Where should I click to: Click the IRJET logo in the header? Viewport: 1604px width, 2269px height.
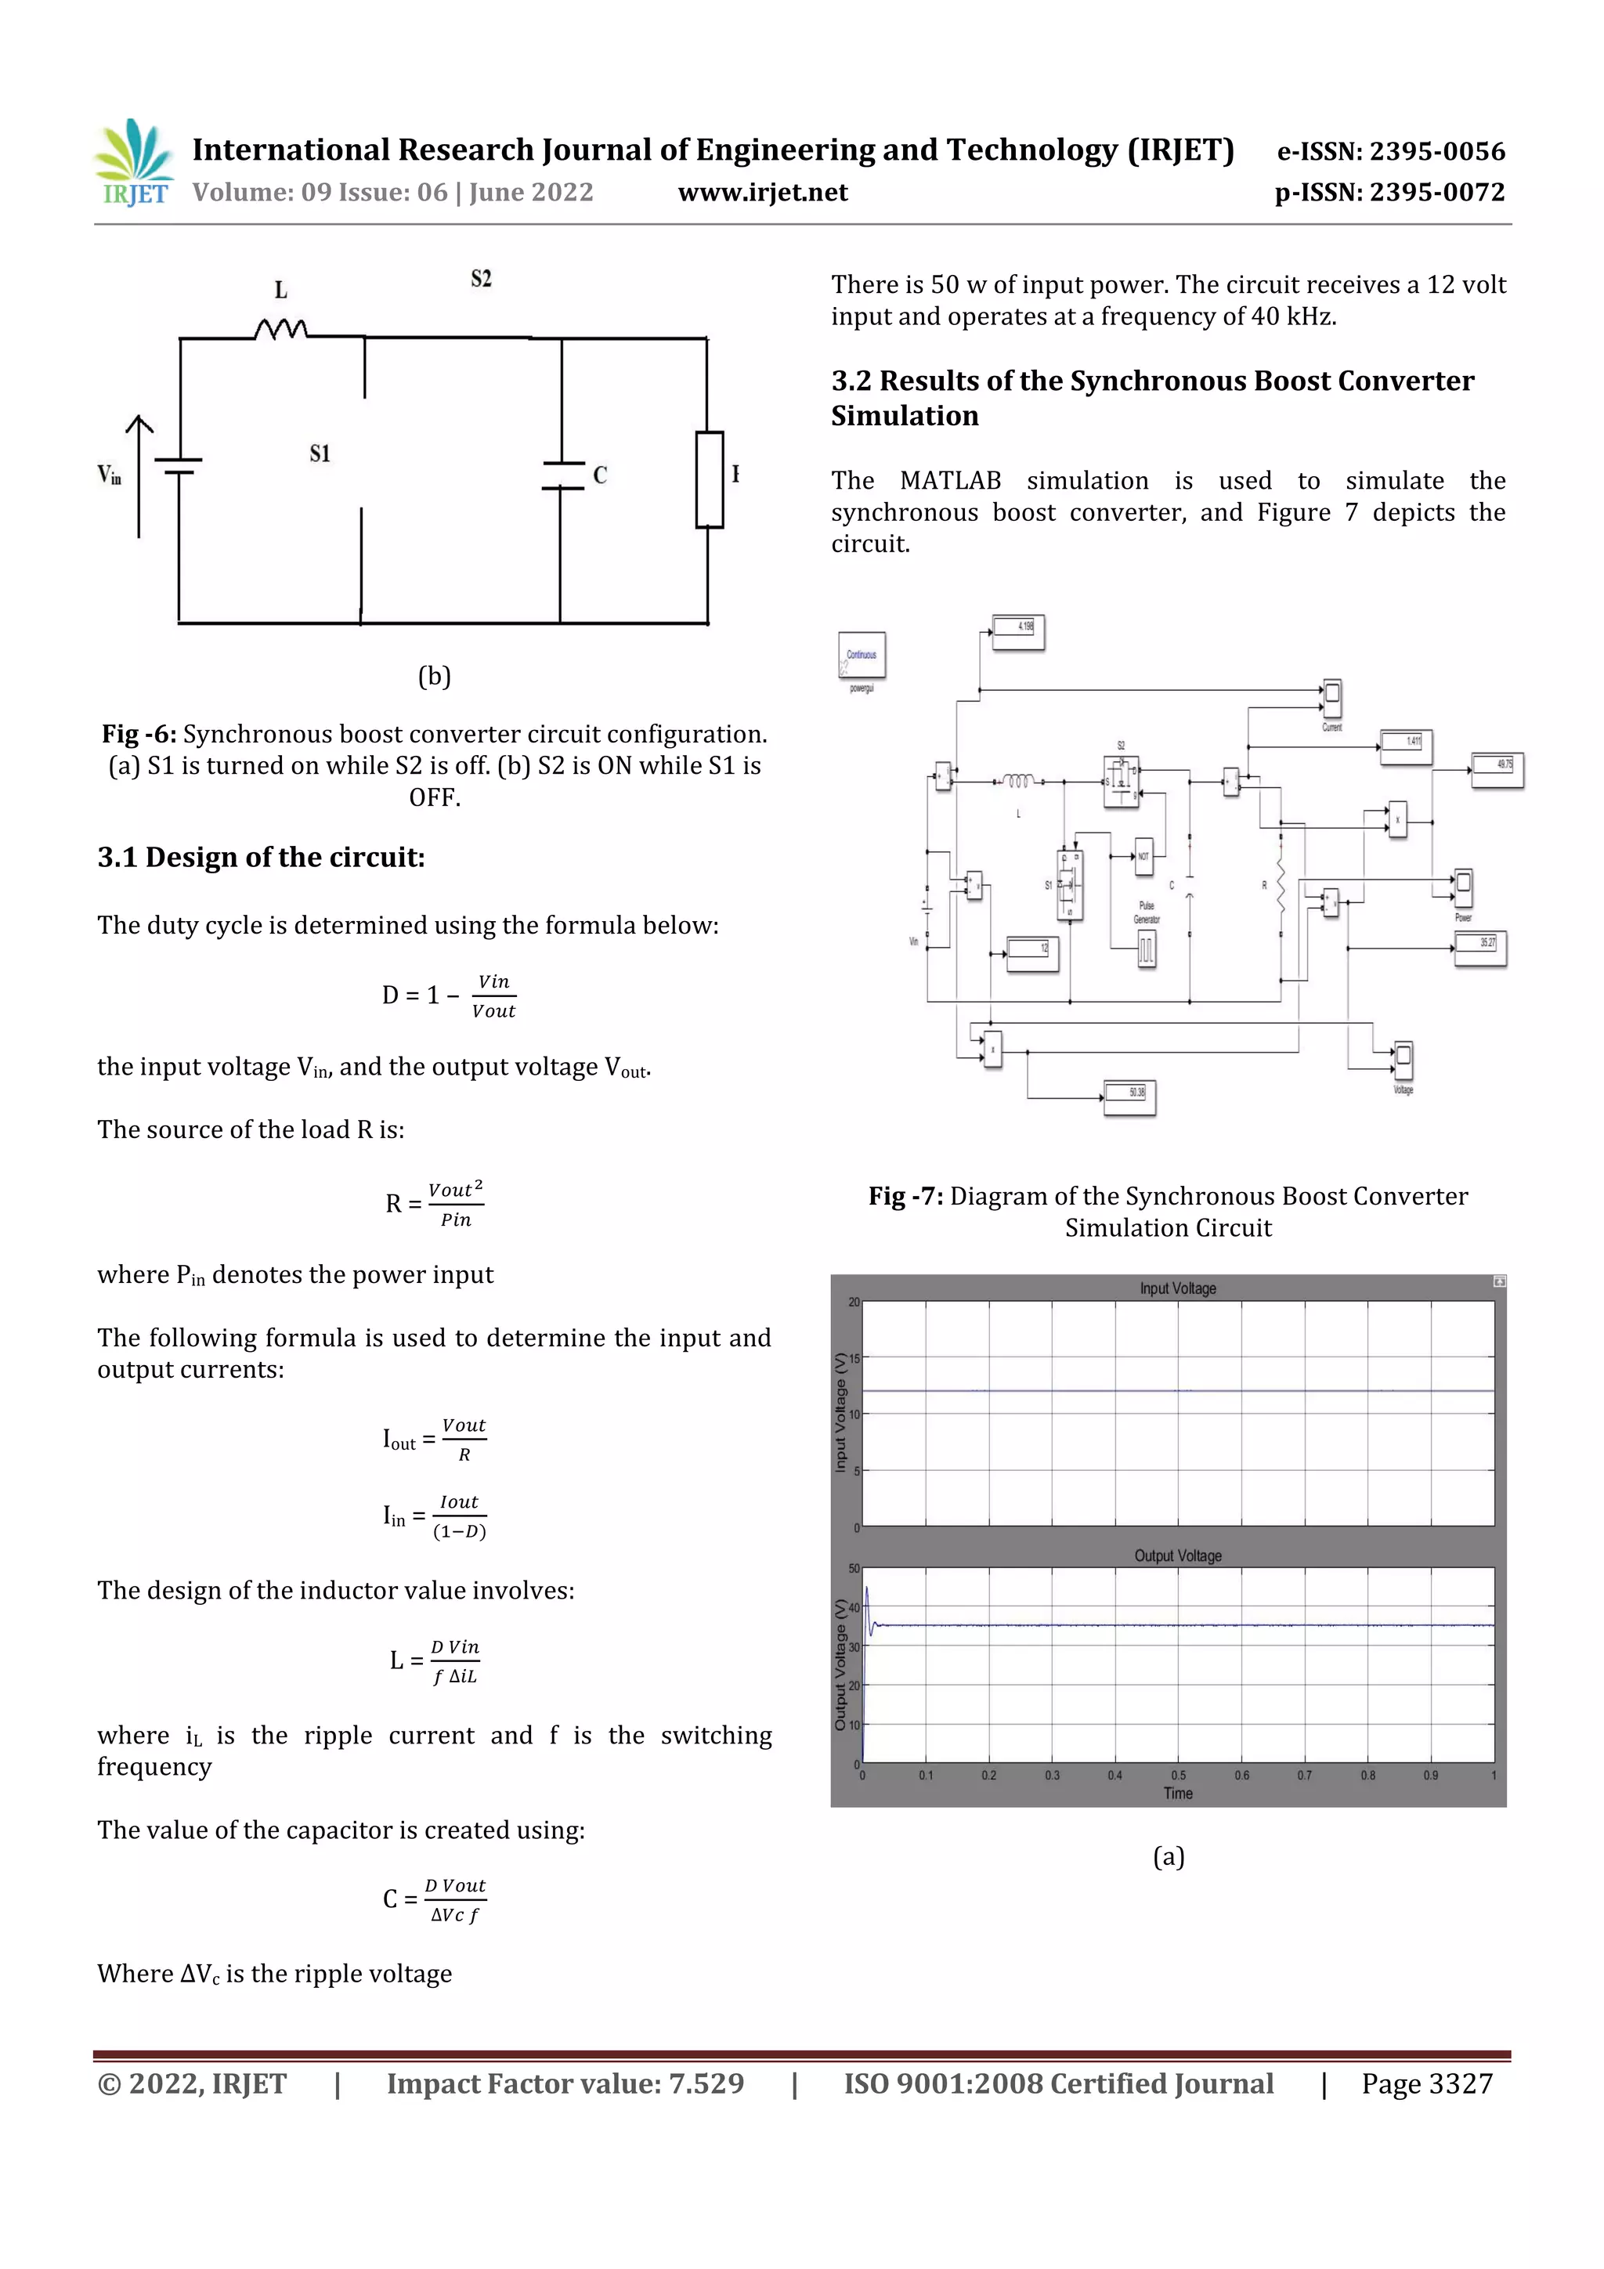(133, 163)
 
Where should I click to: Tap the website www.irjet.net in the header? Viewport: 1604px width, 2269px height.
(762, 192)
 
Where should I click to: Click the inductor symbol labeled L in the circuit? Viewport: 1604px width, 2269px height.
(280, 328)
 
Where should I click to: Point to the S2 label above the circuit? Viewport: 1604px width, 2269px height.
(482, 279)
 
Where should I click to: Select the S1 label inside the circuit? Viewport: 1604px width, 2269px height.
(320, 453)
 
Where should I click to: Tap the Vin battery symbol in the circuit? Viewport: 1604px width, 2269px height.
(179, 465)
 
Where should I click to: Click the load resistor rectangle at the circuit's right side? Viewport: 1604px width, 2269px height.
(710, 479)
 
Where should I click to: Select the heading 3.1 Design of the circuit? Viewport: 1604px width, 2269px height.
(261, 857)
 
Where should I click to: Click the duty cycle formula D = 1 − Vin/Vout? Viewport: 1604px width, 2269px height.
(450, 995)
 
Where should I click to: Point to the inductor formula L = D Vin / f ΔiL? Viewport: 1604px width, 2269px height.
(435, 1660)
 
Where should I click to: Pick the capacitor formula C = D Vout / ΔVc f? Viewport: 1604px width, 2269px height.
(435, 1899)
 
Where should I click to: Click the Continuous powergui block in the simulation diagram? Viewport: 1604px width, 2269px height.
(862, 656)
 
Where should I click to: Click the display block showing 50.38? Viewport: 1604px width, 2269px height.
(1129, 1095)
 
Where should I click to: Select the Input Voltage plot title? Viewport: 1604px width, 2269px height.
(1177, 1288)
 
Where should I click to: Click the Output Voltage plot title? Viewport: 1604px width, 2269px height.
(1177, 1555)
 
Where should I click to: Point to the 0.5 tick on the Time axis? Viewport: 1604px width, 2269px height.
(1178, 1775)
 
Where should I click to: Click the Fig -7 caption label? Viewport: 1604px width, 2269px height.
(905, 1196)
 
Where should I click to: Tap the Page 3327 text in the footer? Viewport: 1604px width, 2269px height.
(1426, 2083)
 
